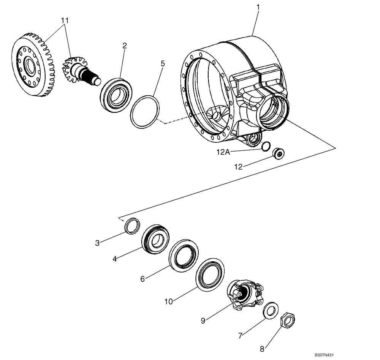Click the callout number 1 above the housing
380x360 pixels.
tap(258, 7)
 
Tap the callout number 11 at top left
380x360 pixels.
tap(66, 21)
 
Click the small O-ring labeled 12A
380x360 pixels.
tap(266, 146)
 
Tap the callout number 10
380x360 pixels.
tap(169, 301)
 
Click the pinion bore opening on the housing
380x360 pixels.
tap(272, 112)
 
